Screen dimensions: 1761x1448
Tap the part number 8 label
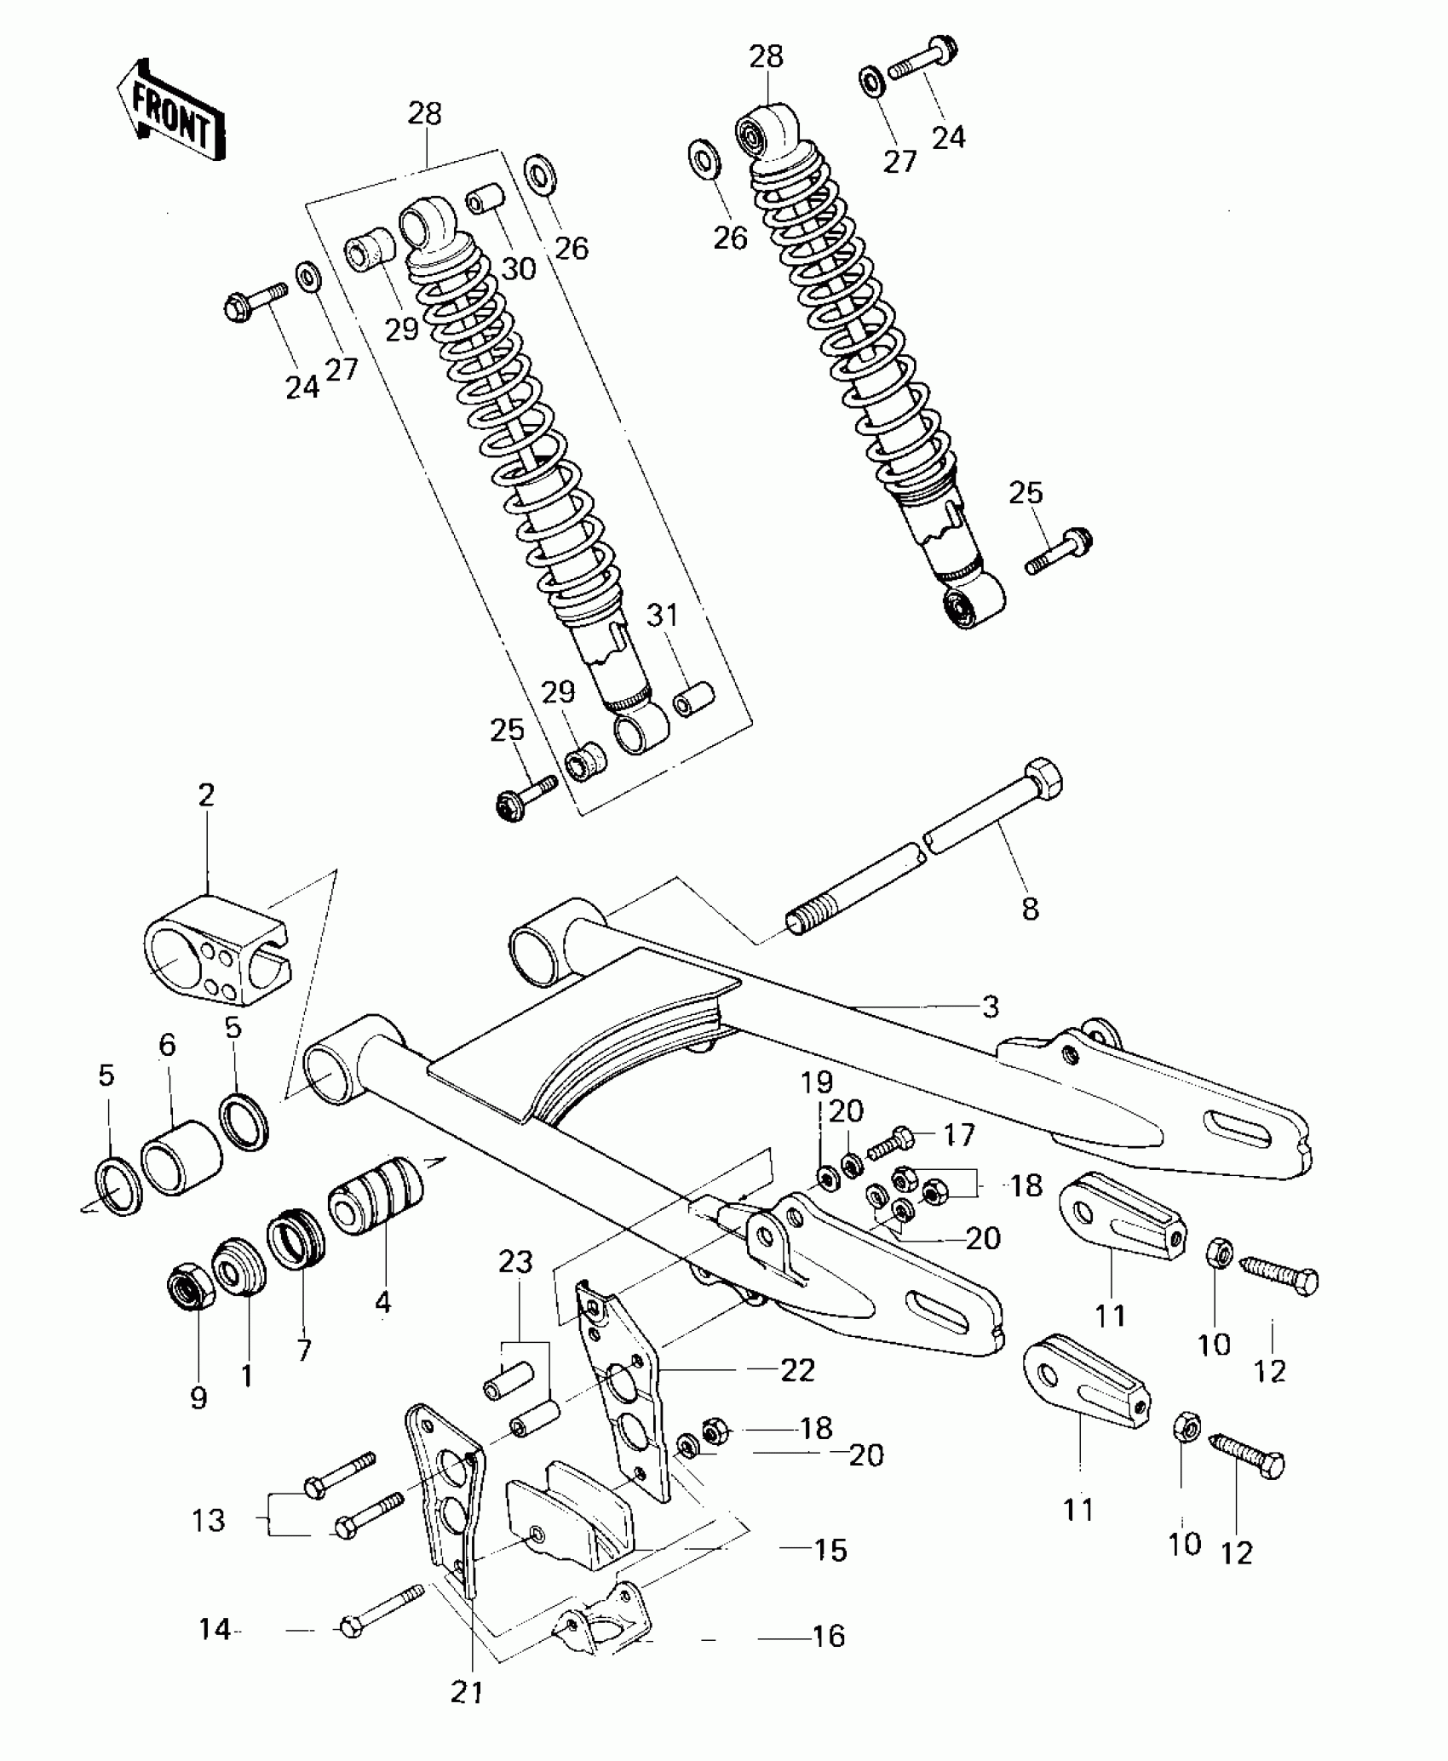click(1030, 909)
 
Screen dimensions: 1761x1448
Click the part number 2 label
click(206, 796)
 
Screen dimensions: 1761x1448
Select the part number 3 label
click(990, 1007)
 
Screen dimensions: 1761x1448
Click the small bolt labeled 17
click(890, 1139)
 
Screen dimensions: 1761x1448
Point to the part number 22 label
click(797, 1369)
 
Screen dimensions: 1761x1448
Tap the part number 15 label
click(830, 1550)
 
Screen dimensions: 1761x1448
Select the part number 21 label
click(467, 1693)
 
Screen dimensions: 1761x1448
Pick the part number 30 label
click(519, 269)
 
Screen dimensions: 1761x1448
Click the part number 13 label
click(208, 1520)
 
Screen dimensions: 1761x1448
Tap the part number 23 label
click(516, 1263)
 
